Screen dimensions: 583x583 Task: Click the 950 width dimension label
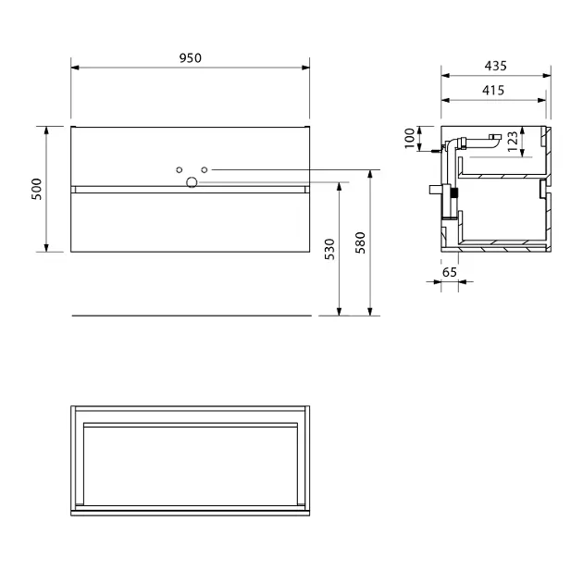[x=191, y=58]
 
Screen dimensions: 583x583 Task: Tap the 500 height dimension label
[x=37, y=190]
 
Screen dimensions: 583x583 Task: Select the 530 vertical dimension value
[x=329, y=249]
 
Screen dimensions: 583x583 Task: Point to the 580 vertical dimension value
[x=360, y=242]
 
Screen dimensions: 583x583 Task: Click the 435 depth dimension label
[x=496, y=66]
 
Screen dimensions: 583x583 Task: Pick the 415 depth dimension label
[x=493, y=91]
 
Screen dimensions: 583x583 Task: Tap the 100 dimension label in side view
[x=409, y=138]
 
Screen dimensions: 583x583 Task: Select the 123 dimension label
[x=513, y=142]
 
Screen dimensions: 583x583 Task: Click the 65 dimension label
[x=450, y=273]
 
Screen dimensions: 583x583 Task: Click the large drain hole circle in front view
[x=192, y=182]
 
